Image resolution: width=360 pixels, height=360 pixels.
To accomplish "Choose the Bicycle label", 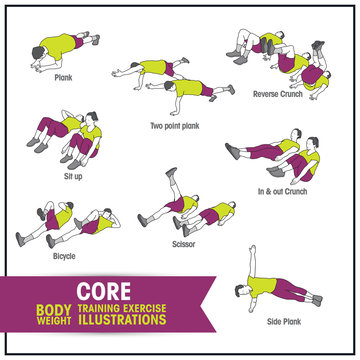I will (x=63, y=255).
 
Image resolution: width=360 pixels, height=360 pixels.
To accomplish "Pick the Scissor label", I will (x=182, y=243).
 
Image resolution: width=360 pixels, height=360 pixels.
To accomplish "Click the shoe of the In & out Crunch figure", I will (x=233, y=151).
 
